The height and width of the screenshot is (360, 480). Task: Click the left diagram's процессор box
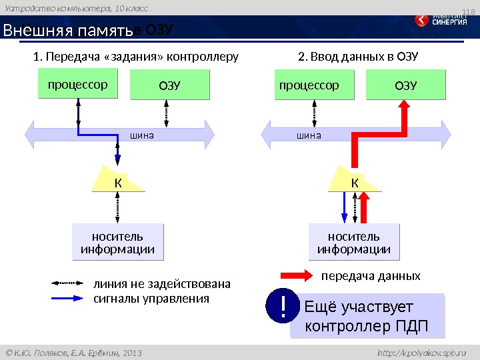77,86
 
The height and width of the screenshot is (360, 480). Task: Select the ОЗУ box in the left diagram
169,86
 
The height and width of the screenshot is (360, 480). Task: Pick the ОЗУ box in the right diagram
405,86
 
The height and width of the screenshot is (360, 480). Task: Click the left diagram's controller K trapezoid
117,181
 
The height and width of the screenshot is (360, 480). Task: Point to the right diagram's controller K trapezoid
355,181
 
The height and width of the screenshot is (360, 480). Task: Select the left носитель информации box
117,243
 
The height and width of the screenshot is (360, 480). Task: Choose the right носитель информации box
354,243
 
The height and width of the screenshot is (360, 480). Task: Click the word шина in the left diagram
141,135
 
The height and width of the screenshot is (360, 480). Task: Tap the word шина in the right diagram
309,135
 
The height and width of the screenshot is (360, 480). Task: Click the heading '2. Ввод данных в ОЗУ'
358,56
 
